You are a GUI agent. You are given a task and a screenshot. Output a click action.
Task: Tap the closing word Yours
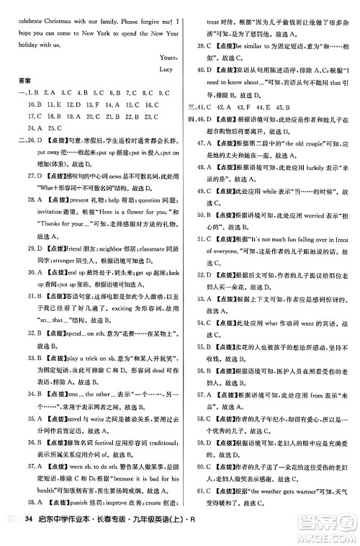pyautogui.click(x=159, y=57)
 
